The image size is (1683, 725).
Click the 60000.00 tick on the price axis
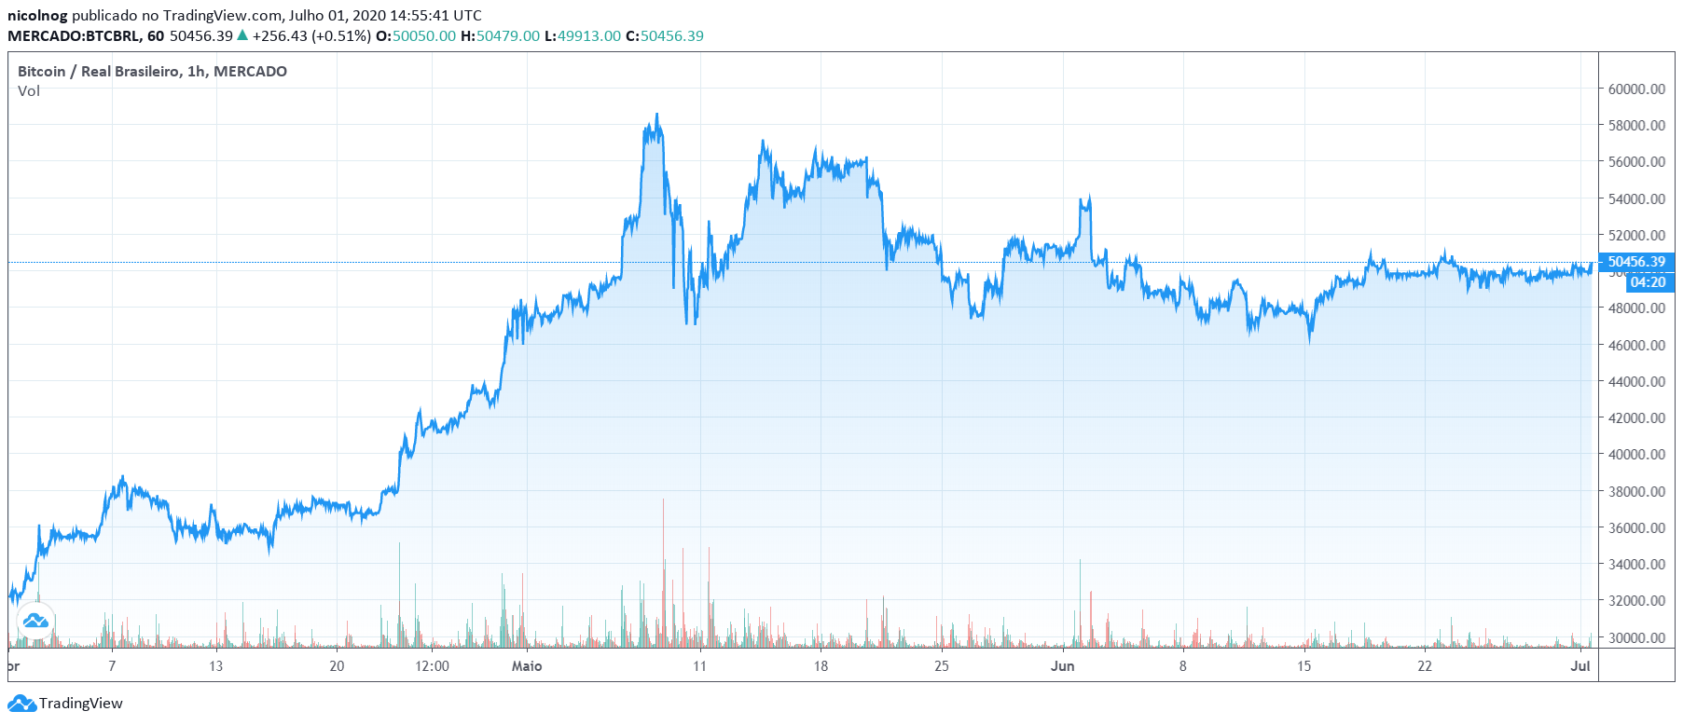click(1635, 89)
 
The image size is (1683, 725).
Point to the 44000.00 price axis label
click(1635, 381)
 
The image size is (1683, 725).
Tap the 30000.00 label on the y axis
click(1635, 637)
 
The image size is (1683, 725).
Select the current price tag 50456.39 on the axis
click(1635, 262)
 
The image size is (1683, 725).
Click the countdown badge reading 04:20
click(1648, 282)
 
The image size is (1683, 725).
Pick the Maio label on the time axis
click(527, 666)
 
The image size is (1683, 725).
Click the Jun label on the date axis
click(1062, 666)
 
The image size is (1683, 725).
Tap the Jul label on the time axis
click(1580, 666)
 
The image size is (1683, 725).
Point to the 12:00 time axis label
click(432, 666)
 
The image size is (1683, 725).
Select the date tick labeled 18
click(821, 666)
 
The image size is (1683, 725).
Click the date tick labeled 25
click(942, 666)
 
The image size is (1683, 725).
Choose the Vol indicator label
click(29, 91)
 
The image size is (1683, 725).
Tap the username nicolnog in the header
click(37, 15)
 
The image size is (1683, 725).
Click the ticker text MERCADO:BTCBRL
click(74, 36)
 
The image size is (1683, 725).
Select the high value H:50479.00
click(500, 36)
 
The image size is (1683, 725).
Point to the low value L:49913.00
click(582, 36)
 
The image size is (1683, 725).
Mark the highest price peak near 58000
click(656, 116)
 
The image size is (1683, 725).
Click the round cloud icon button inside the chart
click(35, 621)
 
